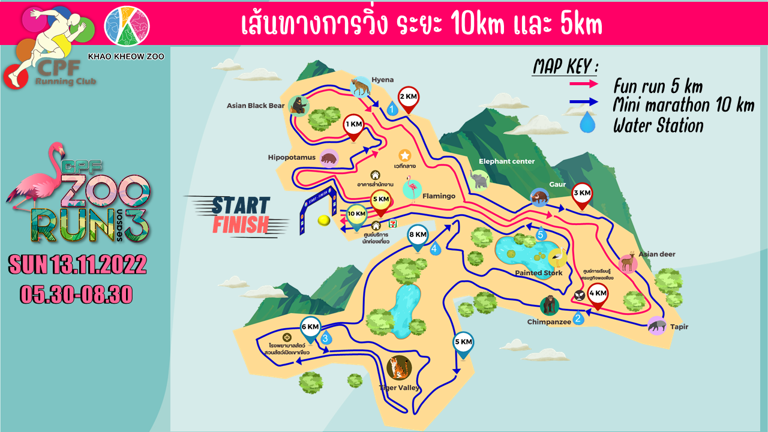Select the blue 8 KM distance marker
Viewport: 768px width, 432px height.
[x=418, y=236]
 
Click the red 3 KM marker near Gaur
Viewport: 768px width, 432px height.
[x=581, y=194]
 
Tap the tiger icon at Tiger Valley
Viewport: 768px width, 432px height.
[x=399, y=367]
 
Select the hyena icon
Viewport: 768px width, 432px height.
[x=360, y=88]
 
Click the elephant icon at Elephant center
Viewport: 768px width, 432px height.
[x=480, y=180]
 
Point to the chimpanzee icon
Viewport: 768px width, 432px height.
[x=549, y=306]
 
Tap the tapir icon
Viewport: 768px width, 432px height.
[x=657, y=326]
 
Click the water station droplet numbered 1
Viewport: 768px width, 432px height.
[x=392, y=109]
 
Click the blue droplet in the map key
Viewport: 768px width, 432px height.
[x=587, y=124]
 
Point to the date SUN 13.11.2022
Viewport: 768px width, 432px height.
[x=77, y=265]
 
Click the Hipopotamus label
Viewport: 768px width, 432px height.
[x=292, y=158]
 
